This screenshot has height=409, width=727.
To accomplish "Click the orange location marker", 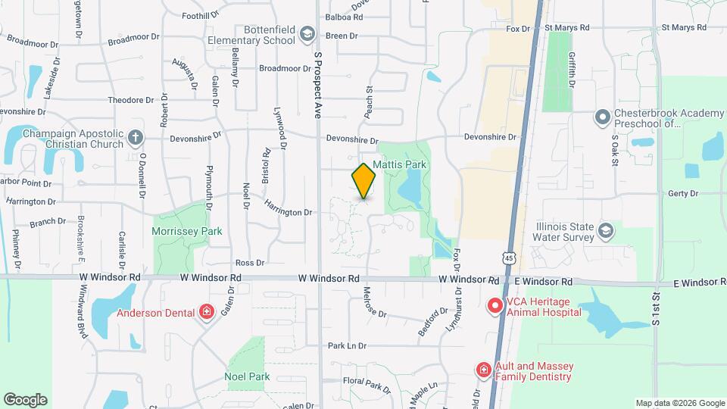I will (x=364, y=181).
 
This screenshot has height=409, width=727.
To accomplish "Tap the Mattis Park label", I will (x=400, y=164).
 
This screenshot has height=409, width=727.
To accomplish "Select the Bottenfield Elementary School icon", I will (x=307, y=33).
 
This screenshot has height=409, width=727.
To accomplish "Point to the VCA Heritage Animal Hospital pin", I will (x=495, y=306).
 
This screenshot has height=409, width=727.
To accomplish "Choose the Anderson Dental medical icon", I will (x=206, y=312).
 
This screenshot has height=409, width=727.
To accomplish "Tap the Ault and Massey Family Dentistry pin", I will (x=483, y=370).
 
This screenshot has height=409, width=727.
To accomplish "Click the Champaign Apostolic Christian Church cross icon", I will (x=136, y=137).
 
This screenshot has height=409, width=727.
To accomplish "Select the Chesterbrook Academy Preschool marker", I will (x=603, y=117).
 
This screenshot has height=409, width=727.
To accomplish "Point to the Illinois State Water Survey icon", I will (x=605, y=229).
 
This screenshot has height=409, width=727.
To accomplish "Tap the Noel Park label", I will (x=247, y=376).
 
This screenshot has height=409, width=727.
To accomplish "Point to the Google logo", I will (x=25, y=399).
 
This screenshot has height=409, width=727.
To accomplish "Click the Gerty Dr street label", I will (x=682, y=194).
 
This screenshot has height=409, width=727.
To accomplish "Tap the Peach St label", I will (x=370, y=100).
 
